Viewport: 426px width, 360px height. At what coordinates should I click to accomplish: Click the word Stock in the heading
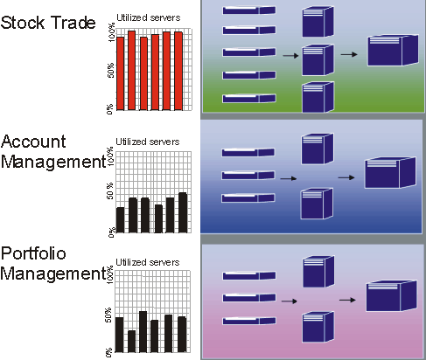click(x=23, y=23)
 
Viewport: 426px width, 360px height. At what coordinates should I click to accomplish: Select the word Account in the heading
click(x=33, y=142)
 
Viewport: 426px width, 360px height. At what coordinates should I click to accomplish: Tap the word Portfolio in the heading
click(x=33, y=253)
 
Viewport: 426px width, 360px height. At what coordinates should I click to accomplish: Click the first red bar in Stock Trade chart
click(x=120, y=73)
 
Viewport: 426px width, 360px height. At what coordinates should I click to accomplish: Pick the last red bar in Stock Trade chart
click(x=178, y=71)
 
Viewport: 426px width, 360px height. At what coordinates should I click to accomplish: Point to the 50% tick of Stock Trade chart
click(x=111, y=71)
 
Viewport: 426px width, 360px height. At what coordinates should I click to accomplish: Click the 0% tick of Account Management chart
click(x=112, y=232)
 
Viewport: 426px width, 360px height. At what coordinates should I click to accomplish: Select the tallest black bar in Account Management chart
click(x=183, y=212)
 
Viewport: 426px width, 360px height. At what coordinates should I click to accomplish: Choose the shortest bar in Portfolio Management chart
click(x=131, y=342)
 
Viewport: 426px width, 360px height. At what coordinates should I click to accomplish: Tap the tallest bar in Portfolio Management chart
click(x=143, y=332)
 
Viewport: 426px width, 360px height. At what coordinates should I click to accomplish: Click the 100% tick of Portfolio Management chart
click(x=109, y=274)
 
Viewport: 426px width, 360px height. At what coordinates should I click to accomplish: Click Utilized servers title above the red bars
click(x=149, y=17)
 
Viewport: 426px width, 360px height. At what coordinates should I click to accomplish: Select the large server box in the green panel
click(x=393, y=51)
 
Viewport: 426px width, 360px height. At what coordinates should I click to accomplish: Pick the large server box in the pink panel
click(x=391, y=296)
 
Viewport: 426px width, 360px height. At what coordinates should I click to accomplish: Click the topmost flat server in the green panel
click(x=249, y=10)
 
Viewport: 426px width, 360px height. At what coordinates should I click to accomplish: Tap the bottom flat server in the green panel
click(x=249, y=98)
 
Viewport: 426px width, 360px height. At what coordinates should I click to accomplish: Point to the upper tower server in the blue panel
click(x=318, y=149)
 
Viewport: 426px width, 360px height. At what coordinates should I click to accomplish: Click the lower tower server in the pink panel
click(x=318, y=327)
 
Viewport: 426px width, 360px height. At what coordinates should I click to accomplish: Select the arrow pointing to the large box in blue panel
click(x=346, y=177)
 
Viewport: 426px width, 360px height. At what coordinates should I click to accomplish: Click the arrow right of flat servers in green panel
click(x=290, y=55)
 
